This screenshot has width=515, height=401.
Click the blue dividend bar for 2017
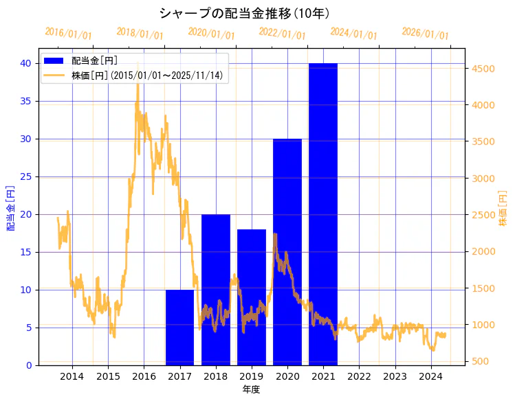(179, 328)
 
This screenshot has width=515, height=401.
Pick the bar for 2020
(287, 252)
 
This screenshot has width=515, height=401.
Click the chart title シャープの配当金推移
(244, 13)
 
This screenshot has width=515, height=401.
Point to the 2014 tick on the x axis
(72, 376)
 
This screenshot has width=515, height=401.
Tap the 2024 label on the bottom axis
(430, 376)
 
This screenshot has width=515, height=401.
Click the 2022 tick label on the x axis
(359, 376)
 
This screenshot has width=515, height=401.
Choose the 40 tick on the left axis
(25, 63)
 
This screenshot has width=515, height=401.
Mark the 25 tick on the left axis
(25, 176)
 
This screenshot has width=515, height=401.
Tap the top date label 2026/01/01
(425, 34)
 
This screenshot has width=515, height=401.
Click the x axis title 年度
(251, 390)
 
